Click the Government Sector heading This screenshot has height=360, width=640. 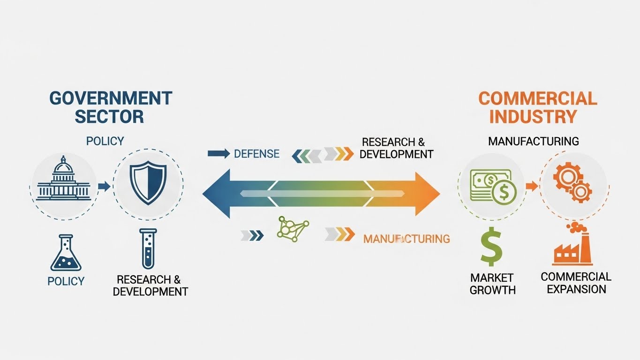(111, 107)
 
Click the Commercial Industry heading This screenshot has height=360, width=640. (537, 107)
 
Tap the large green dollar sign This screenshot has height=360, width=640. (491, 247)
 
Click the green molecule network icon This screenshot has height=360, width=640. (293, 229)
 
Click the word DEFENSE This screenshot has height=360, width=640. (256, 154)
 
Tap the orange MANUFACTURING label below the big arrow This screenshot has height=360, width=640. (407, 239)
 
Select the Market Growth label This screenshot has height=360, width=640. (492, 284)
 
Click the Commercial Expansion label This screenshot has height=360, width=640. (576, 283)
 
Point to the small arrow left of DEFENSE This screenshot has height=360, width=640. (218, 153)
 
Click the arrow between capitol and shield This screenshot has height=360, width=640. (105, 187)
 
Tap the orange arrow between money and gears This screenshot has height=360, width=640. (531, 186)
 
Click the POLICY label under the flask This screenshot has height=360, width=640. (66, 281)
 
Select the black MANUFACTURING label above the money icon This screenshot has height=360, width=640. (533, 141)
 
